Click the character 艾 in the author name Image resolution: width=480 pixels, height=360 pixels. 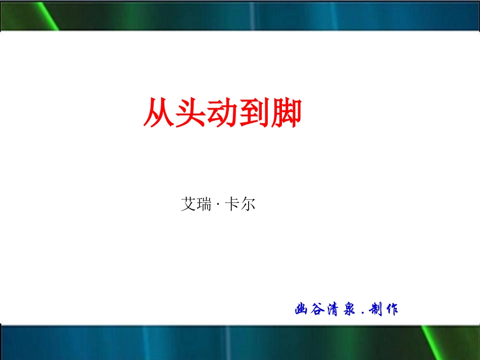(188, 204)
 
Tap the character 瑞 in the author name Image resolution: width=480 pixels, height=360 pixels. (204, 204)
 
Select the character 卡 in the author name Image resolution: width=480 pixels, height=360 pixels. (231, 204)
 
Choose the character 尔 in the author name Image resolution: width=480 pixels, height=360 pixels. (248, 204)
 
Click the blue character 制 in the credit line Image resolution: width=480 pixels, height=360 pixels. (375, 309)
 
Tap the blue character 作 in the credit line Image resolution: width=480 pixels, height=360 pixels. (391, 309)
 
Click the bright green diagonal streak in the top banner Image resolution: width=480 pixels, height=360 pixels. (48, 15)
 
